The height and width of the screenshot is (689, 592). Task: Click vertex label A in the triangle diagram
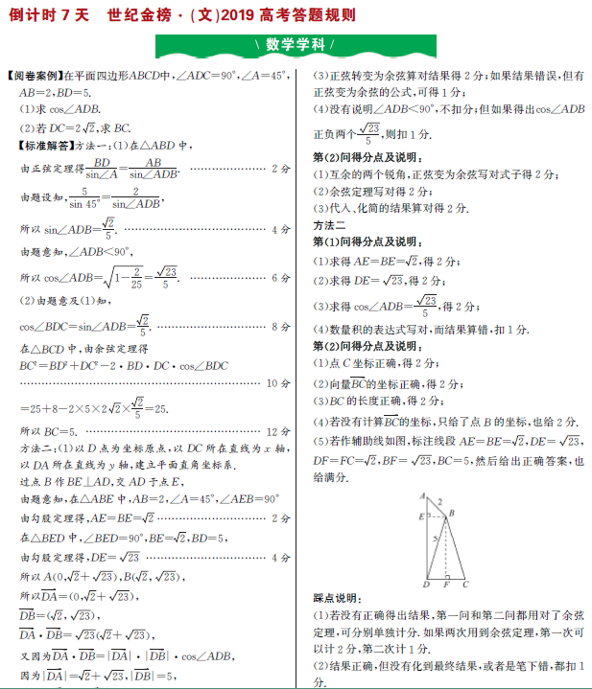[421, 494]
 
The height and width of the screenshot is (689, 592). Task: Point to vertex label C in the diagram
[465, 584]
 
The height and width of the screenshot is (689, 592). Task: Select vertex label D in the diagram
[425, 584]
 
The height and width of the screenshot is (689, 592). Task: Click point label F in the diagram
[446, 584]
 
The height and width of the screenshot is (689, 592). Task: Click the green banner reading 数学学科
[296, 45]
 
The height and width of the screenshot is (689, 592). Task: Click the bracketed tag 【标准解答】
[37, 146]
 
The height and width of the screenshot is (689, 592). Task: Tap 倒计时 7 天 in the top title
[48, 15]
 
